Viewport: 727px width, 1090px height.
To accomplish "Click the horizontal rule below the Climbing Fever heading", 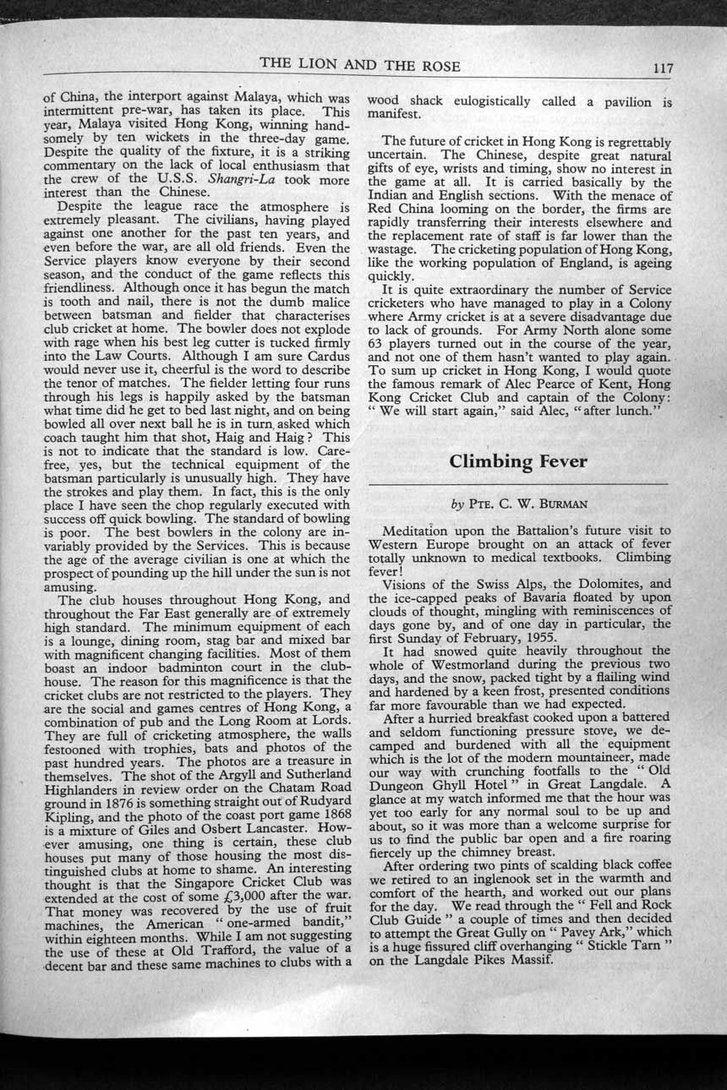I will tap(518, 483).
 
